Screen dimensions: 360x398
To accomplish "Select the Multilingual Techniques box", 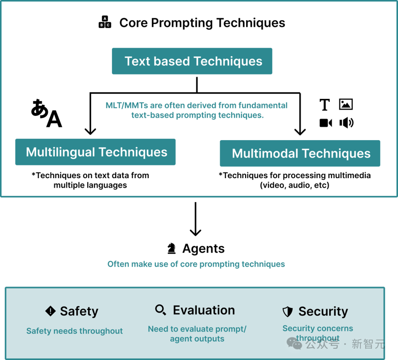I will pos(95,152).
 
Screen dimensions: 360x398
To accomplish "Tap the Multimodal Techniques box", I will pos(300,153).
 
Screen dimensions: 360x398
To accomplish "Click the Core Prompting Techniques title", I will pos(202,22).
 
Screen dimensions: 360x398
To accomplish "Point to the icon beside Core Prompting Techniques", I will pos(105,22).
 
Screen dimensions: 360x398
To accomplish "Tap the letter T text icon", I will pos(324,105).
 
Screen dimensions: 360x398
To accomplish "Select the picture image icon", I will pos(346,105).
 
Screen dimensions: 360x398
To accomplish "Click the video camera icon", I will pos(325,123).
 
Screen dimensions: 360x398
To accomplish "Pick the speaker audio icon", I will pos(346,123).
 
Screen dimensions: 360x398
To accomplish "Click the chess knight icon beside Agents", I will pos(172,249).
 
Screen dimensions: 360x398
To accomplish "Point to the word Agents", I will pos(203,248).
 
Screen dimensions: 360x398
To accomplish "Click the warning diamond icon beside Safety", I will pos(50,311).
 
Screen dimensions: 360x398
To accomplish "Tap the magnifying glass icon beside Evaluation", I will pos(160,310).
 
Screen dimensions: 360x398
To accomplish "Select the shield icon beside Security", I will pos(287,312).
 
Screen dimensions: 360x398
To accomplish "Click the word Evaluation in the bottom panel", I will pos(204,310).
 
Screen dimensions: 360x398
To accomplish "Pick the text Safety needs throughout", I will pos(75,331).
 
